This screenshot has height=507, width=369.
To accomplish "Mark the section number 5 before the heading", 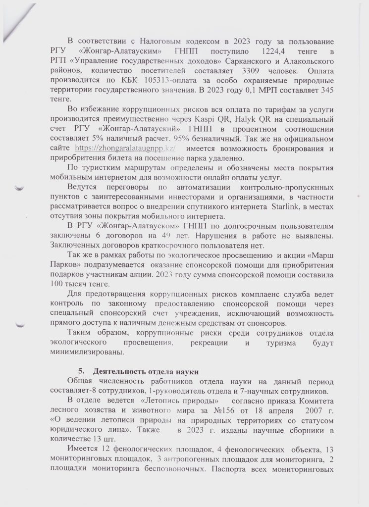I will click(x=81, y=371).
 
